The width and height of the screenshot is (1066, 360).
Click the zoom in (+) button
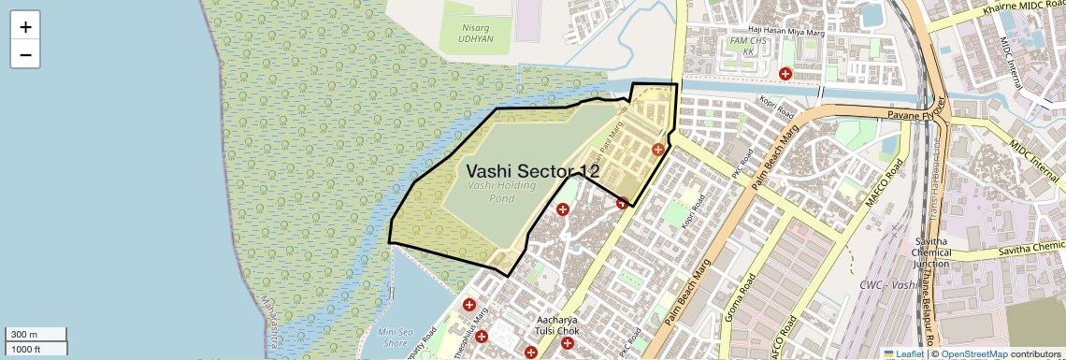[x=25, y=27]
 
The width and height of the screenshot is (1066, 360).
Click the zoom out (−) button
[x=25, y=54]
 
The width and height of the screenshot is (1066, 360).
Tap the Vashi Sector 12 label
[x=532, y=171]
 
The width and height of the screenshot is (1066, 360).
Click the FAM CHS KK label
[x=742, y=48]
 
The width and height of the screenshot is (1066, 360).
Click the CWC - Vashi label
[x=889, y=284]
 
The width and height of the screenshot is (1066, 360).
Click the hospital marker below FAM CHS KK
[x=785, y=73]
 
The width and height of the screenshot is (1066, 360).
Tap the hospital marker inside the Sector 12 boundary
[x=658, y=149]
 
